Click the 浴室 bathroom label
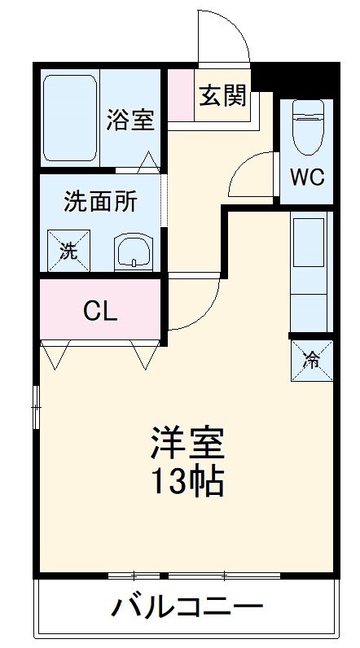[130, 120]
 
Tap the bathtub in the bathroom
[70, 118]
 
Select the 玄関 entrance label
[222, 95]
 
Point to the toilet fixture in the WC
[308, 127]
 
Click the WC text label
[307, 177]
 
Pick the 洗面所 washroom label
[100, 202]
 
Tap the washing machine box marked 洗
[68, 251]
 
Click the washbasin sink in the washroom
[134, 252]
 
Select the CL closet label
[100, 312]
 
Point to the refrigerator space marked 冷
[312, 361]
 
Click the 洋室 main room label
[187, 443]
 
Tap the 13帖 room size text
[187, 482]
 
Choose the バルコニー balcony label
[187, 607]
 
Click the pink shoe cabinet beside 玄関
[181, 95]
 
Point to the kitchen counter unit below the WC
[311, 272]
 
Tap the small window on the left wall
[37, 407]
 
